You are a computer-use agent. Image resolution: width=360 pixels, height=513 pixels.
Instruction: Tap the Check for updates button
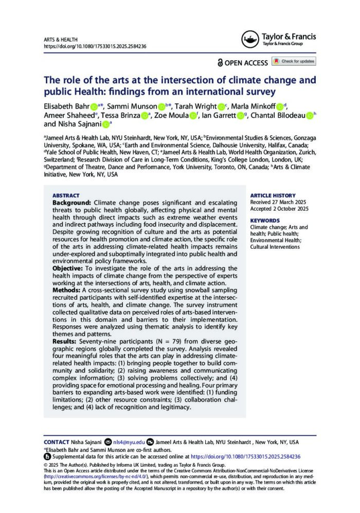[x=294, y=61]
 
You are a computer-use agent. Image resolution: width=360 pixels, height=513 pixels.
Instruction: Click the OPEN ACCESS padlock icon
[x=221, y=62]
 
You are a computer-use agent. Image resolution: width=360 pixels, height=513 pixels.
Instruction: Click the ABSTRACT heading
[x=66, y=196]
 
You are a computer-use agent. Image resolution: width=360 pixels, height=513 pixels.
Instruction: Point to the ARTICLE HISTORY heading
[x=273, y=196]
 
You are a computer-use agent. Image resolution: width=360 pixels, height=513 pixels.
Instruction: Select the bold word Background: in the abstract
[x=71, y=204]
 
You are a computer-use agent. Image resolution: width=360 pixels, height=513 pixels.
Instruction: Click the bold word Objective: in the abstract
[x=69, y=268]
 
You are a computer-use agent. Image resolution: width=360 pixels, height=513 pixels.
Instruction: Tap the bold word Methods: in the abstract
[x=67, y=289]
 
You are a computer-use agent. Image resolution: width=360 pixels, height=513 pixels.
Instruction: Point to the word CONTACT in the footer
[x=57, y=442]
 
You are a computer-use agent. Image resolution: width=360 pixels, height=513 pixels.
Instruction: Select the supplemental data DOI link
[x=245, y=456]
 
